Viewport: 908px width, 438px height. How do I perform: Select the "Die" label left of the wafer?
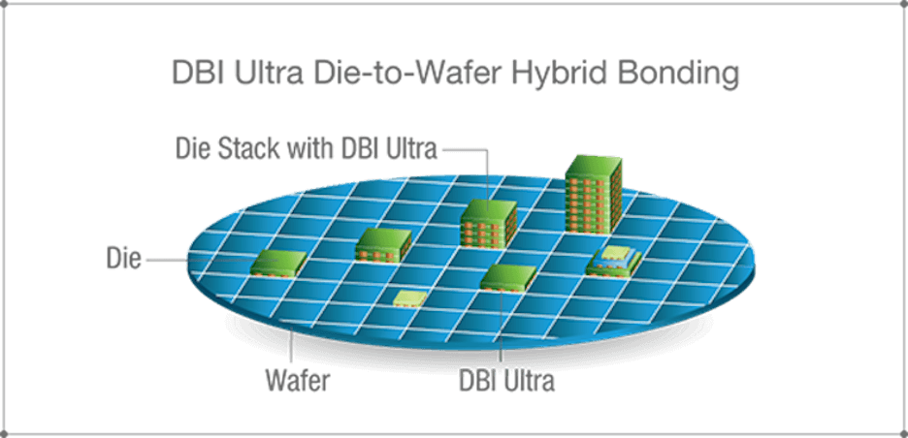(123, 259)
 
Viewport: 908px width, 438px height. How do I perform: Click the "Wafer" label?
(298, 381)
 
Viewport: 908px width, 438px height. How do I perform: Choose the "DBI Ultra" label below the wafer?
(506, 381)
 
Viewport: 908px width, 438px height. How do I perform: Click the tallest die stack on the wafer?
(594, 195)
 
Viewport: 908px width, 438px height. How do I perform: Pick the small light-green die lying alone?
(410, 297)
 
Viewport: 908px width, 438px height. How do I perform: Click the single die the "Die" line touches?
(278, 264)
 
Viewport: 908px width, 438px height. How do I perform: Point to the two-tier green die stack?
(383, 245)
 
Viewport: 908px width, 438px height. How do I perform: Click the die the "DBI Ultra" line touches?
(508, 278)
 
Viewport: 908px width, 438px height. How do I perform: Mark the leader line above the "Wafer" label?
(292, 348)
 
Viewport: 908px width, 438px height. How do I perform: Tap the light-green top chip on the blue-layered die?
(616, 252)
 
